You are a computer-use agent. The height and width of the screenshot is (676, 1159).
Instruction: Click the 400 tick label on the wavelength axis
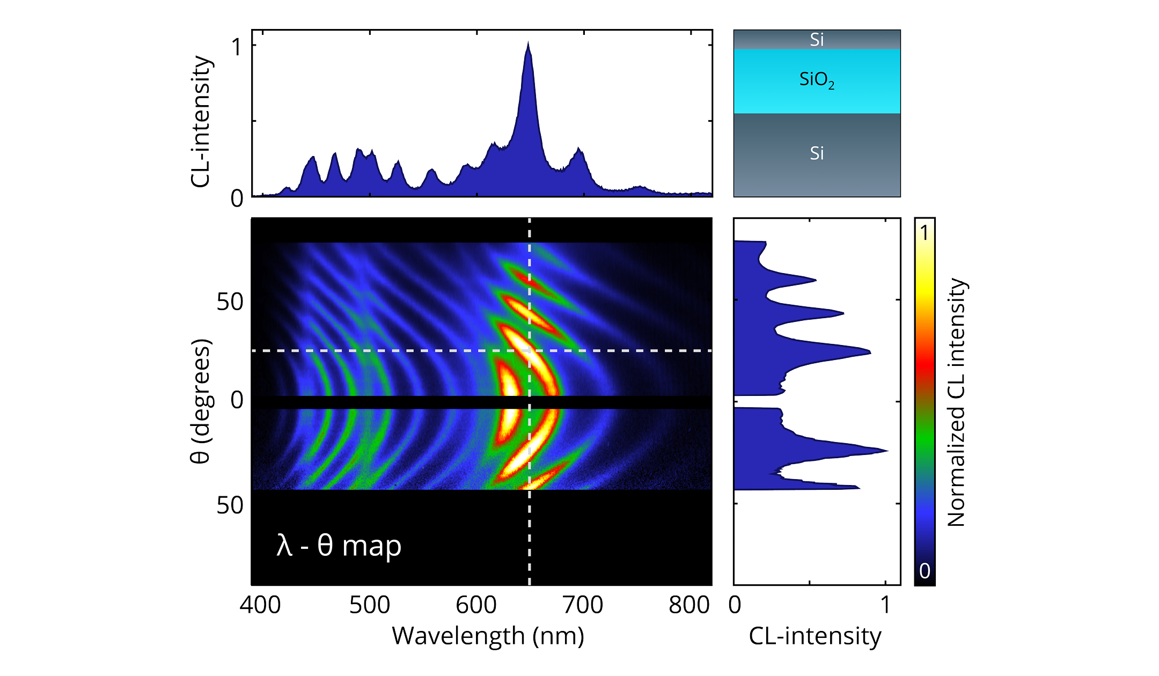pyautogui.click(x=260, y=605)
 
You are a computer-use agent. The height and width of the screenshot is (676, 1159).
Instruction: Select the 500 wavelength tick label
pyautogui.click(x=369, y=605)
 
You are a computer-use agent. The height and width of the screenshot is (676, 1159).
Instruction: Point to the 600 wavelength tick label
pyautogui.click(x=476, y=605)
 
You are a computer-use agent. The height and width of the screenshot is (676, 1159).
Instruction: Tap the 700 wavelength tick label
pyautogui.click(x=583, y=605)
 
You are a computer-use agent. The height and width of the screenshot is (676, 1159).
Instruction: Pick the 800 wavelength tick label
pyautogui.click(x=689, y=605)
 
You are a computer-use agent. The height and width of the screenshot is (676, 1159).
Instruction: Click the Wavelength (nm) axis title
pyautogui.click(x=488, y=636)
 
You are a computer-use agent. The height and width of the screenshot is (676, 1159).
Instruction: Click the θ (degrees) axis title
pyautogui.click(x=201, y=401)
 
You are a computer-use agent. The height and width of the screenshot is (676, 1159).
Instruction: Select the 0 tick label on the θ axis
pyautogui.click(x=237, y=400)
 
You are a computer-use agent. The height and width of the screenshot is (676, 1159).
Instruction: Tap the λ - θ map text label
pyautogui.click(x=339, y=546)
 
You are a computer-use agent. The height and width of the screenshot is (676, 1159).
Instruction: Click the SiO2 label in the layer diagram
pyautogui.click(x=817, y=80)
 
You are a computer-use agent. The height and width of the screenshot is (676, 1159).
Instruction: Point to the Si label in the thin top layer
pyautogui.click(x=817, y=40)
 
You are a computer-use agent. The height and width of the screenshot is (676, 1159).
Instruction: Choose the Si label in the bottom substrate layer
pyautogui.click(x=817, y=153)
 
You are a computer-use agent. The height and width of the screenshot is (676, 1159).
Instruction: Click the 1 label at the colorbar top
pyautogui.click(x=924, y=233)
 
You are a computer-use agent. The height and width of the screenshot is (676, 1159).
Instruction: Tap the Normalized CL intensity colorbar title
pyautogui.click(x=956, y=402)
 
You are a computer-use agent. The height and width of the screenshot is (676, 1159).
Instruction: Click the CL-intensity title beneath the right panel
pyautogui.click(x=815, y=636)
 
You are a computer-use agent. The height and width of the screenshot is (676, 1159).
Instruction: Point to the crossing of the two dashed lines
pyautogui.click(x=530, y=351)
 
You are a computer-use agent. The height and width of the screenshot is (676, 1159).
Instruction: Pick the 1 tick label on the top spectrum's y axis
pyautogui.click(x=237, y=47)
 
